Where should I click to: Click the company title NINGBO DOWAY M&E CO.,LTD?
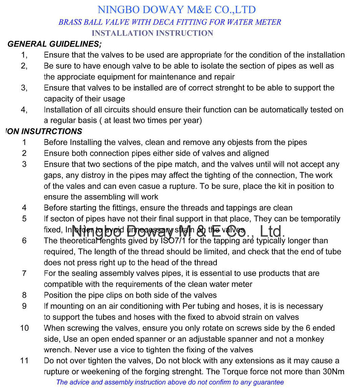point(177,10)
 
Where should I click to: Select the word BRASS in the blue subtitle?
point(69,22)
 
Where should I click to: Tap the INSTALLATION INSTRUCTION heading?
point(152,33)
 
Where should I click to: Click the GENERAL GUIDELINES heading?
point(54,44)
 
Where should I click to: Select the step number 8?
point(24,295)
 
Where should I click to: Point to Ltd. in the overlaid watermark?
point(271,232)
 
